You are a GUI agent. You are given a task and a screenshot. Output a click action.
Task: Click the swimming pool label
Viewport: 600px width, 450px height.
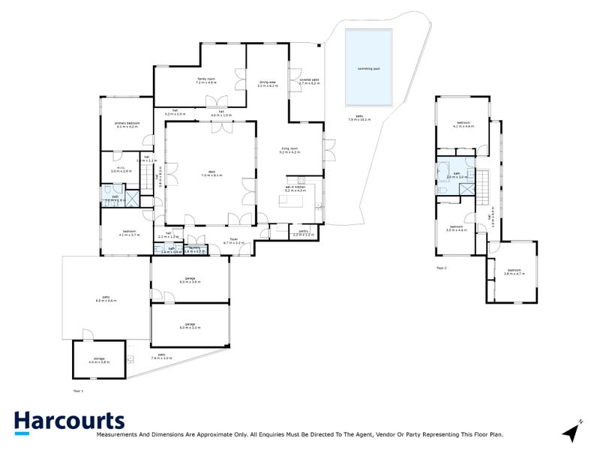(368, 68)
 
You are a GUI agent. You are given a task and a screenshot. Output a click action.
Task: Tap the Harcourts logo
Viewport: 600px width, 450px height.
(69, 421)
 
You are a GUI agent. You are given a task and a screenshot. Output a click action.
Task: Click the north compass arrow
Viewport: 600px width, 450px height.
(572, 431)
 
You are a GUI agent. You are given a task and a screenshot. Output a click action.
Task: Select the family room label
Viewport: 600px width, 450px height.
(205, 80)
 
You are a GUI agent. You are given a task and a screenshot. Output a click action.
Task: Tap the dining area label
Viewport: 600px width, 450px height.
(268, 84)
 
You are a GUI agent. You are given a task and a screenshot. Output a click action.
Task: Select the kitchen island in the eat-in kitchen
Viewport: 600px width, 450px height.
(293, 201)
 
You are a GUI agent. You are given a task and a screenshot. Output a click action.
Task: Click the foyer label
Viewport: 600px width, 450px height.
(234, 241)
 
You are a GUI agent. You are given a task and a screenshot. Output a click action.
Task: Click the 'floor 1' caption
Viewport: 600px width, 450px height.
(79, 391)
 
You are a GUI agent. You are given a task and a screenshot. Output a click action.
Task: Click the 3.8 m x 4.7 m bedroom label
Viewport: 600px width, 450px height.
(514, 272)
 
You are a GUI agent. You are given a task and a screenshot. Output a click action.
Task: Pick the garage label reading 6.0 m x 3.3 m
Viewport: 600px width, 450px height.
(187, 326)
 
